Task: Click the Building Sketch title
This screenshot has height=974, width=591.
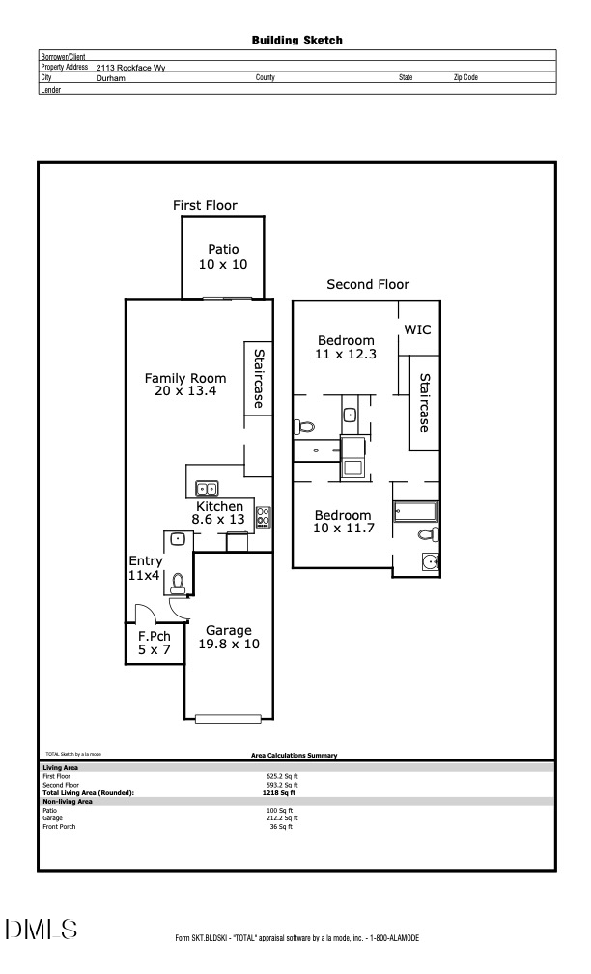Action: (x=296, y=41)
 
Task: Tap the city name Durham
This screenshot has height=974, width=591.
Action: (x=111, y=77)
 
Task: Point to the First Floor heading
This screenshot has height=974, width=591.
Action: (x=205, y=205)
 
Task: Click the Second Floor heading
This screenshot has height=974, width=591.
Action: (x=367, y=284)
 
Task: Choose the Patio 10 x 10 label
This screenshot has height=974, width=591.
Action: (x=223, y=257)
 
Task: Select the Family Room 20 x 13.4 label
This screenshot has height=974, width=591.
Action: (x=185, y=385)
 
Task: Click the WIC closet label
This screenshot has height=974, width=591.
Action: (x=417, y=329)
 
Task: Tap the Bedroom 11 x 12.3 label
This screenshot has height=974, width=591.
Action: (x=346, y=347)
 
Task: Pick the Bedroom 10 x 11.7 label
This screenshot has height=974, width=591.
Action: (x=342, y=522)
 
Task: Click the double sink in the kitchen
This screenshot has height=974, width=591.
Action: (x=207, y=489)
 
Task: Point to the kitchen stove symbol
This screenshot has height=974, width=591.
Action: (x=263, y=517)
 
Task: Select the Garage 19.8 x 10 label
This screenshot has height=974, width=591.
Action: (x=228, y=637)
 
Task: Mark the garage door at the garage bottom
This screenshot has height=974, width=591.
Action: (x=228, y=718)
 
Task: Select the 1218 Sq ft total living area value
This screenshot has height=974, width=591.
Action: (x=281, y=792)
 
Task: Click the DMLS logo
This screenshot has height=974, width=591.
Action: (x=41, y=931)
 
